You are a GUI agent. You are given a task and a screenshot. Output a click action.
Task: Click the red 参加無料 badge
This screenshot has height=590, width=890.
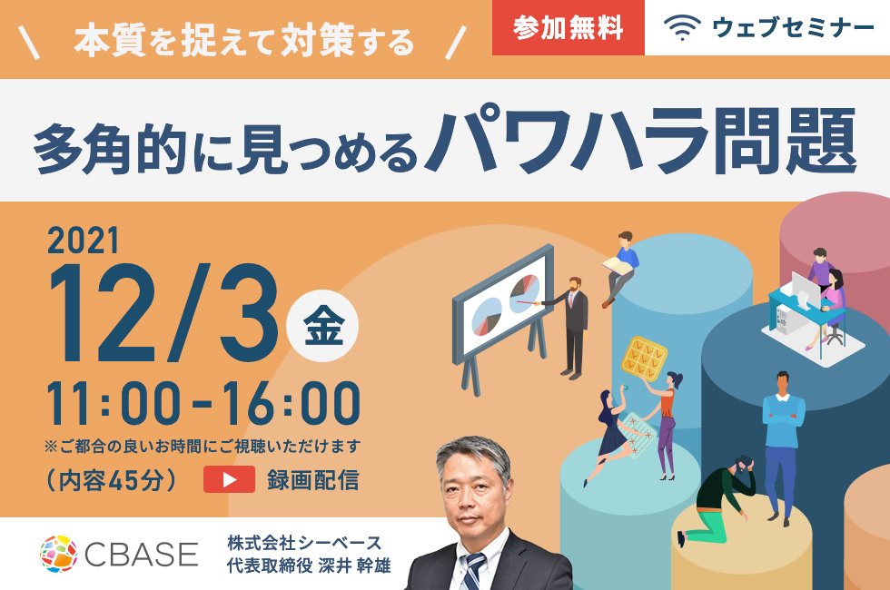pyautogui.click(x=569, y=27)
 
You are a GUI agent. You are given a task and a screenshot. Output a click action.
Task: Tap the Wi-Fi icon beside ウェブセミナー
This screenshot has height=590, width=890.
pyautogui.click(x=682, y=27)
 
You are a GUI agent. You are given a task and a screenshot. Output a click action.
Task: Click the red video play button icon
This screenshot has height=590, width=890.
pyautogui.click(x=229, y=479)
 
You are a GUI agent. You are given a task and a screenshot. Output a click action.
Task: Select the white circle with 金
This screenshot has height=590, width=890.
pyautogui.click(x=322, y=326)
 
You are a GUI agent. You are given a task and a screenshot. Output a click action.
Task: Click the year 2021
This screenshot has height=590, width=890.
pyautogui.click(x=84, y=241)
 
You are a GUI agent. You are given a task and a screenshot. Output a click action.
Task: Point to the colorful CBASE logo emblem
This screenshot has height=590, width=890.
pyautogui.click(x=58, y=554)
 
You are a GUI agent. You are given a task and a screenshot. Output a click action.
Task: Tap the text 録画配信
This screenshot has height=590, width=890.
pyautogui.click(x=313, y=480)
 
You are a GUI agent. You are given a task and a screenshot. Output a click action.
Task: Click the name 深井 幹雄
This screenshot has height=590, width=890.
pyautogui.click(x=355, y=565)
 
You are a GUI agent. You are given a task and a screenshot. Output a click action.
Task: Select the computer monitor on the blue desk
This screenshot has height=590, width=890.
pyautogui.click(x=806, y=290)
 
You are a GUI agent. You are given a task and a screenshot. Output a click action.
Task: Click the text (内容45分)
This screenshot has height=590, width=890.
pyautogui.click(x=112, y=480)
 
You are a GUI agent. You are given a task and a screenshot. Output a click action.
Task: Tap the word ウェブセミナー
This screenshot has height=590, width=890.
pyautogui.click(x=793, y=28)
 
